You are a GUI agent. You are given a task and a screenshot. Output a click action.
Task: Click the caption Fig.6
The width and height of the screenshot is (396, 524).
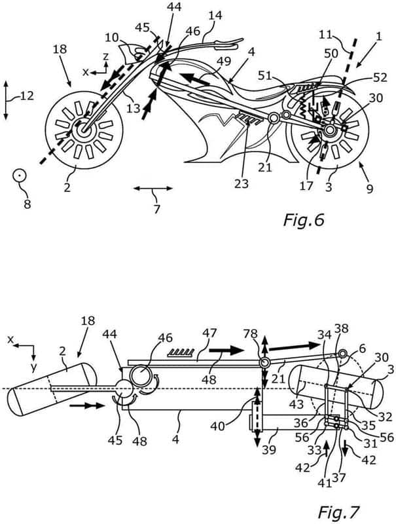coord(304,220)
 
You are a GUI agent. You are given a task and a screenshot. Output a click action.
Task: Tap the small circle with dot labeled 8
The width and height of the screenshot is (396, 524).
coord(19,175)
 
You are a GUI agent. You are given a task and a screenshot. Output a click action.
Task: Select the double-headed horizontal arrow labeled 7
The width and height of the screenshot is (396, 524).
coord(153,189)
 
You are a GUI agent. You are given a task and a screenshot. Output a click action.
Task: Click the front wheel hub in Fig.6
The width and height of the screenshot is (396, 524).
coord(82,130)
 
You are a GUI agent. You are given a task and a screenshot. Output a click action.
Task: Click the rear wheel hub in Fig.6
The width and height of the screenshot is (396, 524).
coord(329,130)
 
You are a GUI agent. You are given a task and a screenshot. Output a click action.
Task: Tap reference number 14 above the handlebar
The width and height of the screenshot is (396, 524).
coord(216,16)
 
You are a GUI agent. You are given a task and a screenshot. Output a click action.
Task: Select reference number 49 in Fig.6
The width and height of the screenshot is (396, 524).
coord(223,61)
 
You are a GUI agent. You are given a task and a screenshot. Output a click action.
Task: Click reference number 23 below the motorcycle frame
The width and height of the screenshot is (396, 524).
coord(242,183)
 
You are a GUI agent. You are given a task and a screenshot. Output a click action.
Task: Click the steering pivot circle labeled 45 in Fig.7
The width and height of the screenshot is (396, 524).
coord(124,388)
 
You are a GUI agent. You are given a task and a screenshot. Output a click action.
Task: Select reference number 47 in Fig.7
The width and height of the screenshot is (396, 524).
coord(209,333)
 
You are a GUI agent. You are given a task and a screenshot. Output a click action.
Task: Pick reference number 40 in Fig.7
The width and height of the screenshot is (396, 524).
coord(217,426)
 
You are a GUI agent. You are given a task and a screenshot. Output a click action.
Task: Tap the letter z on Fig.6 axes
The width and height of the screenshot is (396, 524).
coord(105,56)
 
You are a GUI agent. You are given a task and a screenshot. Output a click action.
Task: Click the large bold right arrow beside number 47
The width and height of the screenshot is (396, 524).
coord(226,350)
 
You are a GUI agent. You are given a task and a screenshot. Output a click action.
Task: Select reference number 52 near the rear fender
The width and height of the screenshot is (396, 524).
coord(379,77)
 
